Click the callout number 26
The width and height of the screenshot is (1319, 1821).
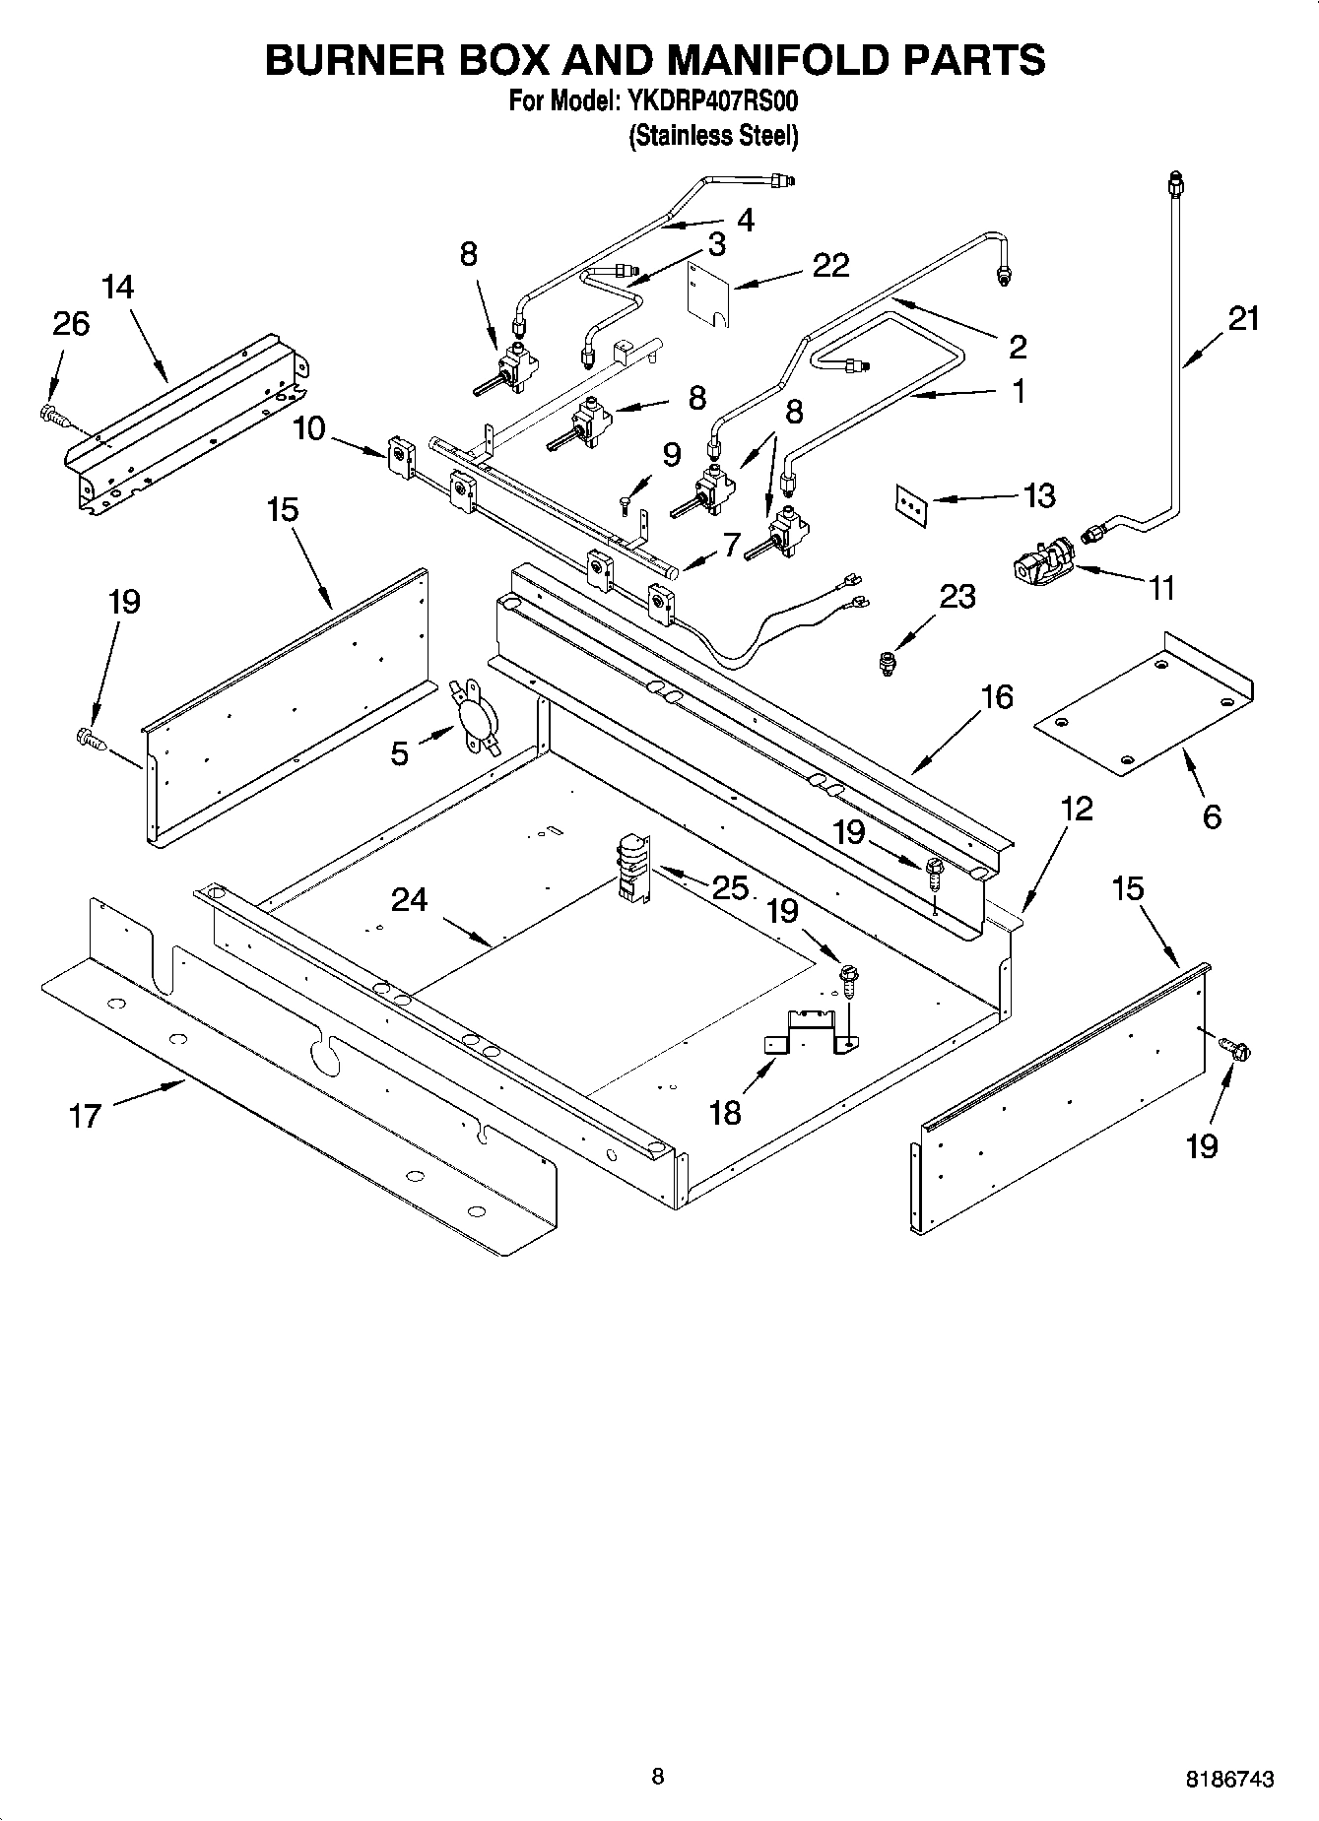tap(71, 323)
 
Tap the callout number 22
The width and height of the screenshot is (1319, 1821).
tap(829, 265)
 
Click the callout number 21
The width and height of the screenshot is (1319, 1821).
tap(1243, 319)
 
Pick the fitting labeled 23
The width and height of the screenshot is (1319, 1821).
tap(889, 664)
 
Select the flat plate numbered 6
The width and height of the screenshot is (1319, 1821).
tap(1143, 707)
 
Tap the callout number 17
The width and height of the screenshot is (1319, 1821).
tap(85, 1116)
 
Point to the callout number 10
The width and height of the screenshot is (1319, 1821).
tap(309, 429)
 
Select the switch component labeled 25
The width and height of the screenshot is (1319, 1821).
tap(628, 868)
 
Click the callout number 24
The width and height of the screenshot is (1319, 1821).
tap(409, 899)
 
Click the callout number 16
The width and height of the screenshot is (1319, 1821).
tap(996, 697)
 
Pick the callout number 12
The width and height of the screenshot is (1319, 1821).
tap(1077, 810)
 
